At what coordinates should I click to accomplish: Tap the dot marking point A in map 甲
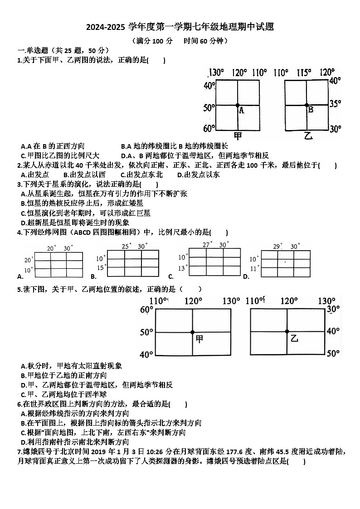pos(237,105)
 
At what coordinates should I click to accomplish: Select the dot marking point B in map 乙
pos(306,105)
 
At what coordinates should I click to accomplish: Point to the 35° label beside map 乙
pos(335,104)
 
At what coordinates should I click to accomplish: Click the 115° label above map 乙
pos(303,72)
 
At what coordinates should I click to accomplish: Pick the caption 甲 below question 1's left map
pos(238,136)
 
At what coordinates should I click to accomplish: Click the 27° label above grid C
pos(207,245)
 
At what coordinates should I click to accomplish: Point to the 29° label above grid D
pos(277,246)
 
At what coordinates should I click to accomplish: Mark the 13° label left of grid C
pos(182,268)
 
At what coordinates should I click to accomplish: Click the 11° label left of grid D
pos(254,268)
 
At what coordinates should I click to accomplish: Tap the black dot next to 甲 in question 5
pos(192,332)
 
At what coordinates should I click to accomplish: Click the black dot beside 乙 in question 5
pos(287,332)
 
